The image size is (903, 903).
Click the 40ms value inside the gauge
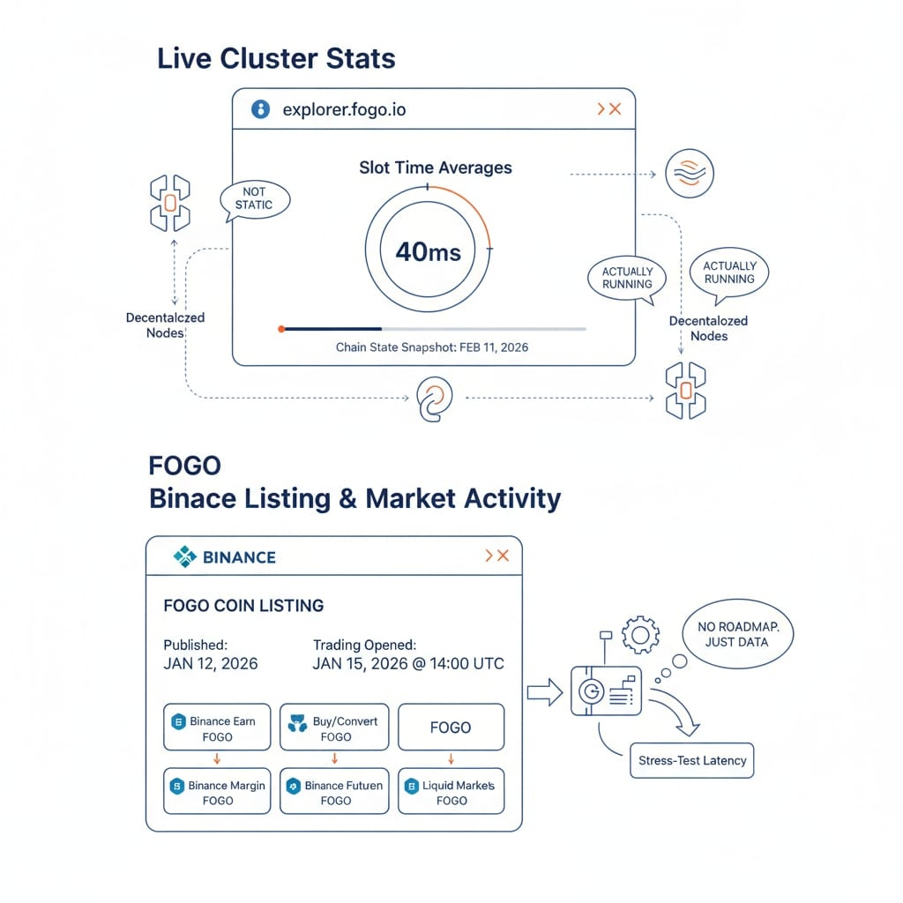pyautogui.click(x=428, y=252)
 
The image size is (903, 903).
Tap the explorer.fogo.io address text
pyautogui.click(x=344, y=110)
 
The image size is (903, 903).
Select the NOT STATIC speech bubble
pyautogui.click(x=253, y=198)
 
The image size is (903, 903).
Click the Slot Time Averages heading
pyautogui.click(x=435, y=168)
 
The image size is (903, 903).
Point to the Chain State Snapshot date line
pyautogui.click(x=432, y=347)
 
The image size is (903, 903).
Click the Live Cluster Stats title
pyautogui.click(x=276, y=59)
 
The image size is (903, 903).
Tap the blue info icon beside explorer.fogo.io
pyautogui.click(x=260, y=109)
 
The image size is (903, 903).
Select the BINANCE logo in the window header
pyautogui.click(x=225, y=556)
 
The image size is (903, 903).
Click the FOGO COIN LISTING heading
pyautogui.click(x=243, y=606)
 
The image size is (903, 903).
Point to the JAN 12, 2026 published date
pyautogui.click(x=211, y=663)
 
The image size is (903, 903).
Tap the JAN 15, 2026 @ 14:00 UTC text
pyautogui.click(x=408, y=663)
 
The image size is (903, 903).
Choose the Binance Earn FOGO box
pyautogui.click(x=217, y=728)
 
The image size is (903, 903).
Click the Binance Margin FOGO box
pyautogui.click(x=217, y=792)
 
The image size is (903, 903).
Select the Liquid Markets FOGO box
pyautogui.click(x=451, y=792)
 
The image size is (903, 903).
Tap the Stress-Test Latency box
pyautogui.click(x=692, y=760)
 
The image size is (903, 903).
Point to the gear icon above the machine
pyautogui.click(x=640, y=635)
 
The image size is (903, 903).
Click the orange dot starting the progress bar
pyautogui.click(x=281, y=329)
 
